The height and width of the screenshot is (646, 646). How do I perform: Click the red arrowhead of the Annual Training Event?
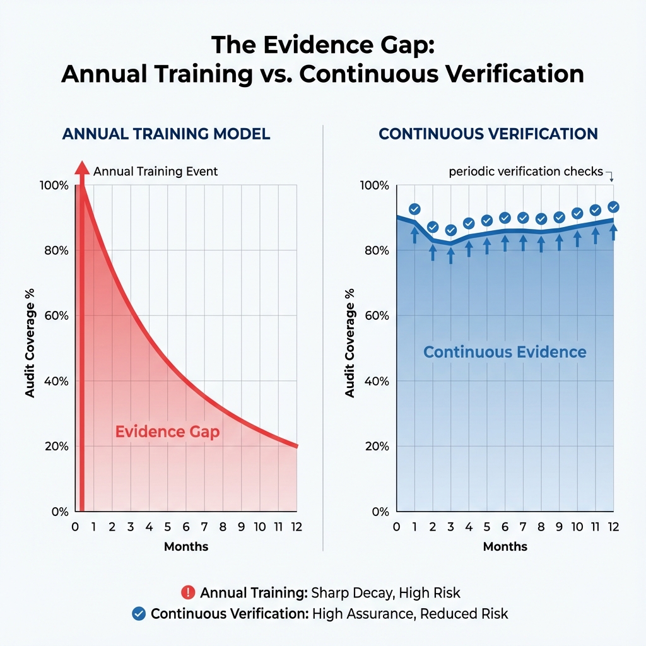(x=81, y=168)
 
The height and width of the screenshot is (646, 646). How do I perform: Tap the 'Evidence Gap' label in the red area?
(x=167, y=432)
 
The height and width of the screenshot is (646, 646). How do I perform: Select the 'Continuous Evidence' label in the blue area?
(x=505, y=352)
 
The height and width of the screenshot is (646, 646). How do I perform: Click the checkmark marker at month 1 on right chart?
(x=414, y=209)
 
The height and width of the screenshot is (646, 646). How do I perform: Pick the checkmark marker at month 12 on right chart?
(x=613, y=207)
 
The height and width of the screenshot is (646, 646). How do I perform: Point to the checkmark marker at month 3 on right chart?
(x=450, y=230)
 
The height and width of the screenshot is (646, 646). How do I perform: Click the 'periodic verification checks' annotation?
(x=526, y=172)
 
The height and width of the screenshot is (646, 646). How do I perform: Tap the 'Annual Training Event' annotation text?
(x=155, y=171)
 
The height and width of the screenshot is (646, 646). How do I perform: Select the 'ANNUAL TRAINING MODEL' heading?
(x=166, y=134)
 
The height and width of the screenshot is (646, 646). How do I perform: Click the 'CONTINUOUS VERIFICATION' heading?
(x=488, y=134)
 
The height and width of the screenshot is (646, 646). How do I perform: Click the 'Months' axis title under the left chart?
(x=186, y=546)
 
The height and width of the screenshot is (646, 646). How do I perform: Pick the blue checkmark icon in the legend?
(x=139, y=613)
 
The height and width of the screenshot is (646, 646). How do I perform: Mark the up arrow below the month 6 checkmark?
(x=505, y=242)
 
